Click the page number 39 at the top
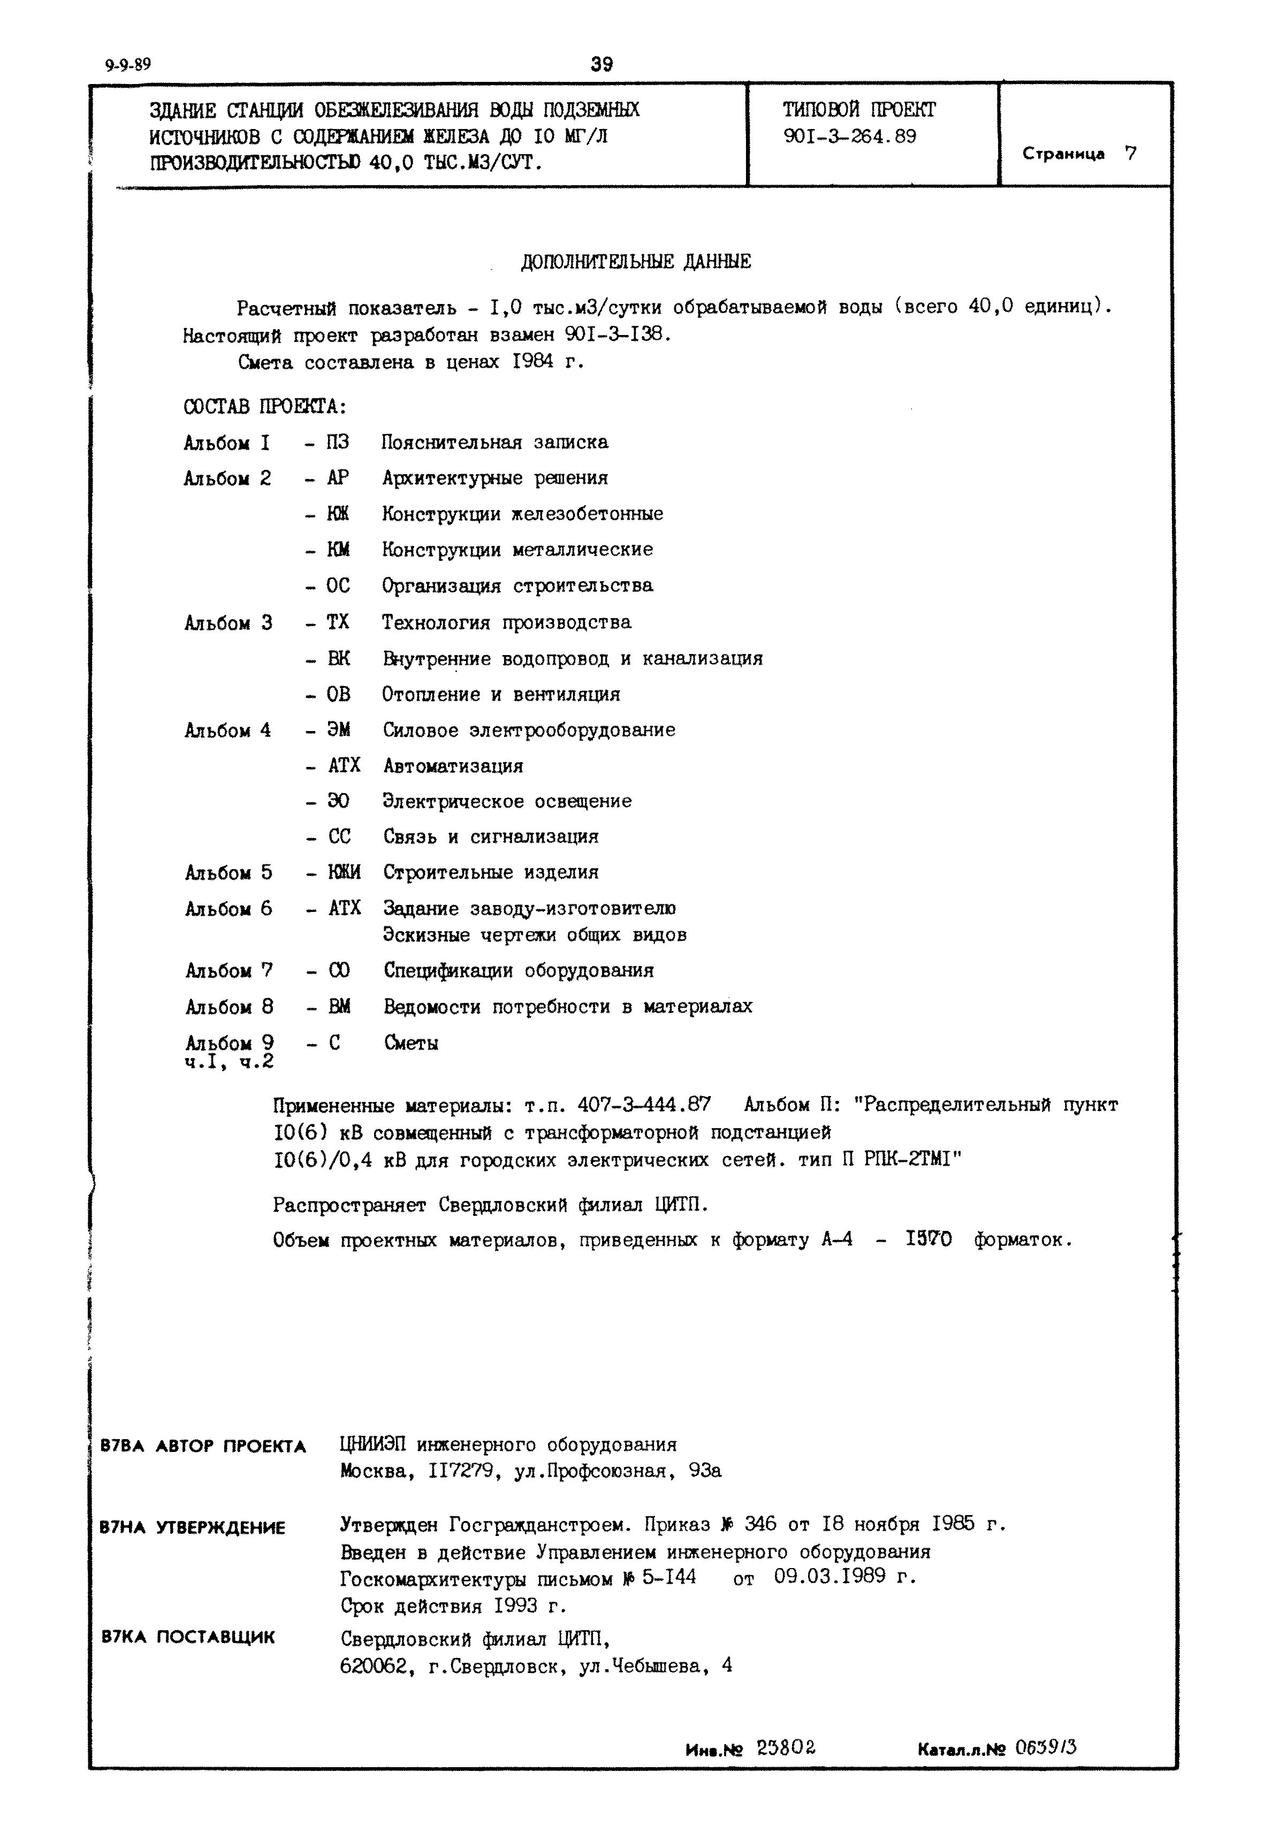point(602,63)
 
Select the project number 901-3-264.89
point(850,136)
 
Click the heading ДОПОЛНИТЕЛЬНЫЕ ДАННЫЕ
point(636,261)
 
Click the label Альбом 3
point(228,622)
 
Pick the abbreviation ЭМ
point(339,729)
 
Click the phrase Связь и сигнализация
point(491,836)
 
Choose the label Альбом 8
point(230,1007)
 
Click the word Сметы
point(411,1043)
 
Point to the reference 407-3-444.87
point(644,1104)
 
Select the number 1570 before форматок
point(929,1239)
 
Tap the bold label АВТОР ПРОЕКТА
point(231,1447)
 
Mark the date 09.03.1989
point(829,1576)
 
